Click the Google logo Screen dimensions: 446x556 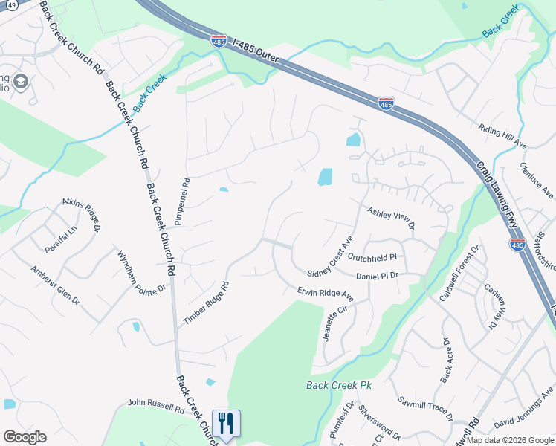(x=25, y=437)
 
